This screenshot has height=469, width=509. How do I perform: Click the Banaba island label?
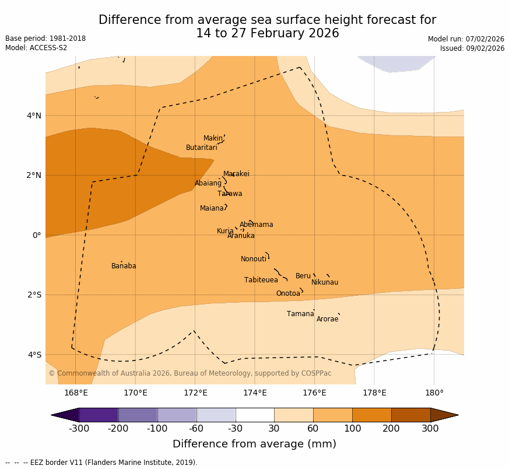pos(124,266)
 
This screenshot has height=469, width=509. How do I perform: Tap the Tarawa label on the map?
pos(230,194)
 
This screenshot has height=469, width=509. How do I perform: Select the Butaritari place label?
pos(202,148)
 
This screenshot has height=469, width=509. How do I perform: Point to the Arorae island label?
pos(327,319)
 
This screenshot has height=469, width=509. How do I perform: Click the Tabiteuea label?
pos(261,280)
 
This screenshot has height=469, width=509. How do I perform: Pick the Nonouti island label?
pos(254,259)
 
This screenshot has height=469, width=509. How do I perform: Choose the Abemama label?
pos(256,225)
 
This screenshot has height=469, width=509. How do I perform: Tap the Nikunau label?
pos(325,282)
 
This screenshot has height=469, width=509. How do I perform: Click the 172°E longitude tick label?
pos(195,393)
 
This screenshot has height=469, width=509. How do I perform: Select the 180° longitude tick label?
pos(434,393)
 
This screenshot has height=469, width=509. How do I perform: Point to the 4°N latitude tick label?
pos(34,116)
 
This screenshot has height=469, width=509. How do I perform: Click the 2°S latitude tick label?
pos(34,295)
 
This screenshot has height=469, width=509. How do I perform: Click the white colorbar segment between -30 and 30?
pos(255,415)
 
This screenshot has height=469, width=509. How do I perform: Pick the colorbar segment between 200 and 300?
pos(410,415)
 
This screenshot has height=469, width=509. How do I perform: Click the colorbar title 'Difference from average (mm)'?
pos(254,444)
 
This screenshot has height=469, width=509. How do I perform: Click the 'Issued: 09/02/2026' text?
pos(472,48)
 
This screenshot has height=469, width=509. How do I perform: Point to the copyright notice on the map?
pos(190,373)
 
